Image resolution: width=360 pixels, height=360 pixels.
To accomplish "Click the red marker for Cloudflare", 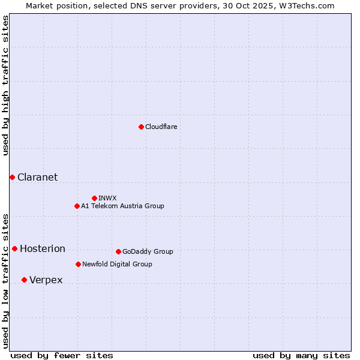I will (x=141, y=127).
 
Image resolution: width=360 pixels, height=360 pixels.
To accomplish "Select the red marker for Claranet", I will (x=12, y=177).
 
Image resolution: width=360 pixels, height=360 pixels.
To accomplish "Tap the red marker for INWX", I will (x=94, y=198).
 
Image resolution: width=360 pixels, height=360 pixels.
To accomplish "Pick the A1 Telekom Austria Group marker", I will (x=77, y=206).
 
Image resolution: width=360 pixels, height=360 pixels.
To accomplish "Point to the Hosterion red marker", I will (x=14, y=248).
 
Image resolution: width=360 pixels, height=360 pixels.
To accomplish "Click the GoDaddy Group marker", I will (x=118, y=251).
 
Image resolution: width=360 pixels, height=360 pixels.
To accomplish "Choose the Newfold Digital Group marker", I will (x=78, y=264).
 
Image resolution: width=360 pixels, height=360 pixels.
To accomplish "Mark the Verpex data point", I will (x=24, y=280).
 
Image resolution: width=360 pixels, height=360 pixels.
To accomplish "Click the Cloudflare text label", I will (x=161, y=127).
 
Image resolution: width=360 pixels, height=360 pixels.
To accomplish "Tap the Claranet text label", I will (x=38, y=177).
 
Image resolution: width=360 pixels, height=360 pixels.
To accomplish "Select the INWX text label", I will (x=107, y=198).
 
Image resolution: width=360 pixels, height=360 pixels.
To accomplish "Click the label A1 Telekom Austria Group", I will (x=122, y=206).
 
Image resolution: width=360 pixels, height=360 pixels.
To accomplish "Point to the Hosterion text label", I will (x=43, y=248).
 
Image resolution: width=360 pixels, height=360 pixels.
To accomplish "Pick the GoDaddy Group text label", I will (x=148, y=251).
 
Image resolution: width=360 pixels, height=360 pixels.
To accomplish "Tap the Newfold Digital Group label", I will (x=117, y=264).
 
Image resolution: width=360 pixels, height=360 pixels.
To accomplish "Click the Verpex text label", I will (x=46, y=280).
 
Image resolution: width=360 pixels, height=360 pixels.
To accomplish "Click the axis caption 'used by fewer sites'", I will (x=62, y=355).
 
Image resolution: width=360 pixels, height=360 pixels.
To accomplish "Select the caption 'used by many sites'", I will (x=301, y=355).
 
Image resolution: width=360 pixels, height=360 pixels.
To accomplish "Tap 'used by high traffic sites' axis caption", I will (x=5, y=85).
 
